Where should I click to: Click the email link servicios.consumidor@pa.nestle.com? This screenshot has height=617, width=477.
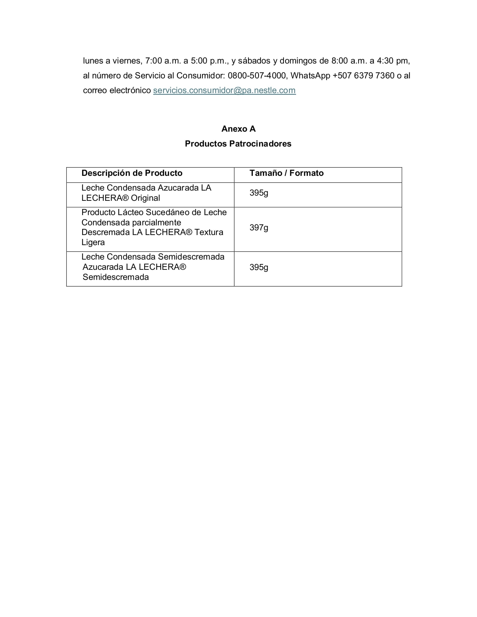pos(224,90)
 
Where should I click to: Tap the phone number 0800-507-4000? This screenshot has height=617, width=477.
pos(256,76)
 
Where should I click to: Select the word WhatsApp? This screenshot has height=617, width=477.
pos(310,76)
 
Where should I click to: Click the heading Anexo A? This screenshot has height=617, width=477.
pos(238,129)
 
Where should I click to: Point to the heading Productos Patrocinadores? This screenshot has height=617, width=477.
pos(238,144)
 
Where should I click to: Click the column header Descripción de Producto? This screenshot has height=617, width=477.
pos(132,173)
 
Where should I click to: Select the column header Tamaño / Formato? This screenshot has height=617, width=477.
pos(286,173)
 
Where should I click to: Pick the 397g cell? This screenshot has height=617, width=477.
pos(259,228)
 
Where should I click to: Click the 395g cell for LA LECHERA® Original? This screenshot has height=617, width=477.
pos(259,193)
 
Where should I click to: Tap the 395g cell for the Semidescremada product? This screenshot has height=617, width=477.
pos(259,267)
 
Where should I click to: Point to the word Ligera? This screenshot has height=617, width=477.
pos(93,242)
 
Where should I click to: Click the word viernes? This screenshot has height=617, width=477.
pos(127,61)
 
